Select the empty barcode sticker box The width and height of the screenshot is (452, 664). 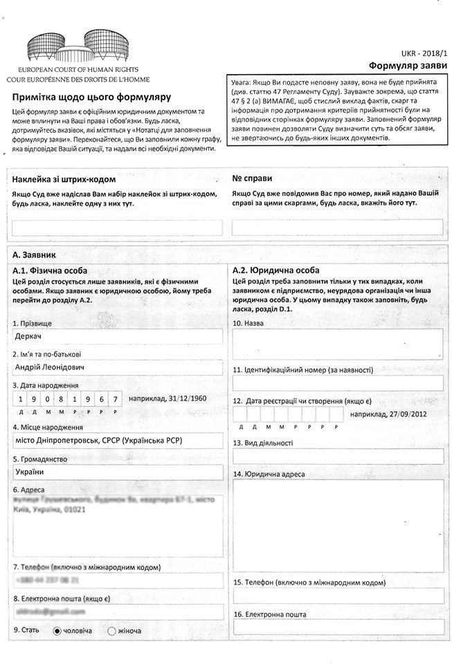(118, 228)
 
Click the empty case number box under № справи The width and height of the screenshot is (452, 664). (338, 228)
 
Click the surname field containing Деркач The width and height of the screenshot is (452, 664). (118, 336)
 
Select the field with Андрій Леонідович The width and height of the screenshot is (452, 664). (118, 367)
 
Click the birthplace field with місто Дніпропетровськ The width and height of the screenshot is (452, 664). (118, 441)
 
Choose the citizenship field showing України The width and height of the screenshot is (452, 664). (118, 472)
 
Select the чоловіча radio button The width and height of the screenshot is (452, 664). (57, 630)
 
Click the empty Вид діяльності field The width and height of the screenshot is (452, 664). (338, 456)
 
